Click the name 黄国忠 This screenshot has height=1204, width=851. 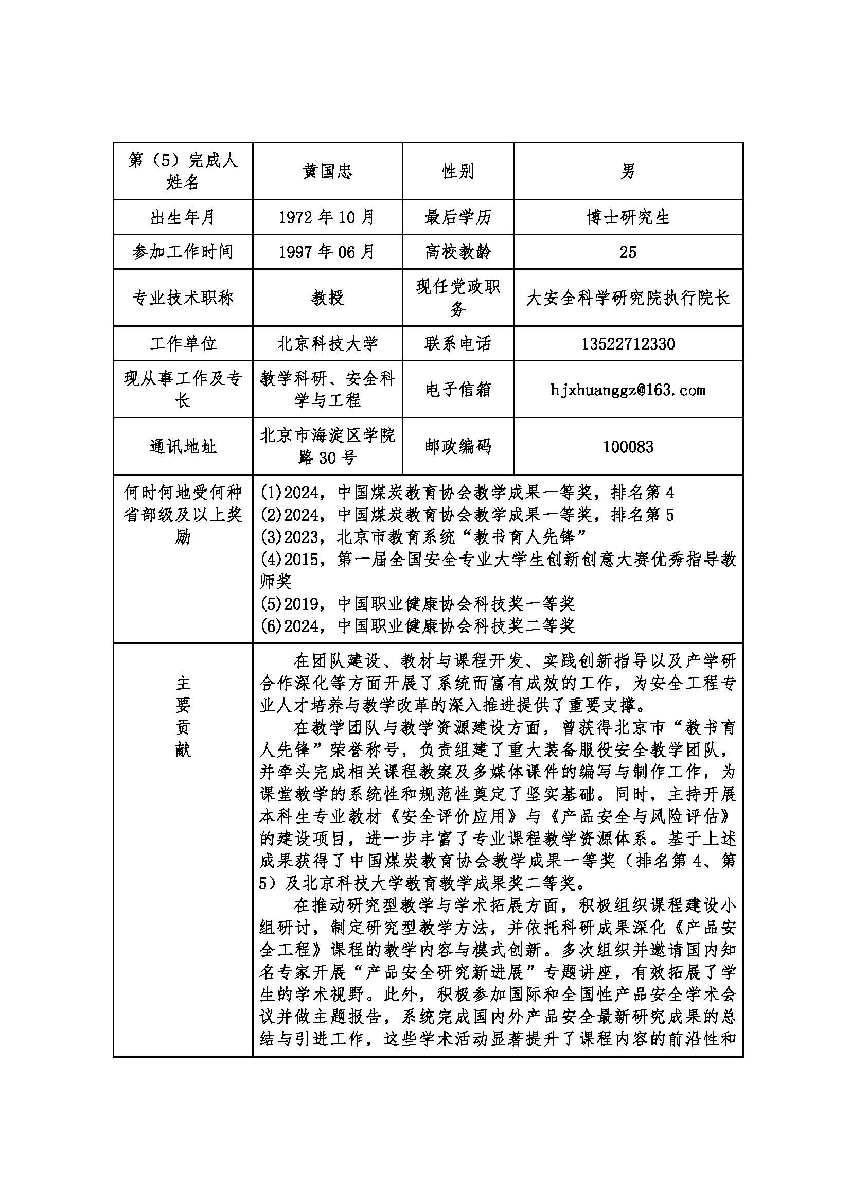coord(327,171)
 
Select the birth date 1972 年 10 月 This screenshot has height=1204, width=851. coord(327,217)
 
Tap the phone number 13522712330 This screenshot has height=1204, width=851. coord(628,344)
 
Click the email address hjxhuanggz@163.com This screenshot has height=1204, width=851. coord(628,390)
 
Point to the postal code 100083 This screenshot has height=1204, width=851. coord(628,447)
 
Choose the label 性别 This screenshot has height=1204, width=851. coord(457,171)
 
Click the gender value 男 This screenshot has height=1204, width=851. coord(628,171)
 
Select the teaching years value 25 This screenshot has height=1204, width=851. coord(628,252)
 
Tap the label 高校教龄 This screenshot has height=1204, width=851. coord(457,252)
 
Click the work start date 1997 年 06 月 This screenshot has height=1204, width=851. coord(327,252)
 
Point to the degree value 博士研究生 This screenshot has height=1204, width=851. coord(628,217)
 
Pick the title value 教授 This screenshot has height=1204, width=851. coord(327,298)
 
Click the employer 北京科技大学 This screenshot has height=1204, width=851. coord(327,344)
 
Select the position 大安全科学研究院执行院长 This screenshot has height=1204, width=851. coord(628,298)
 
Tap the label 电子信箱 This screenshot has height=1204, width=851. coord(457,390)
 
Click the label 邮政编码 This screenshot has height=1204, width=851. coord(457,447)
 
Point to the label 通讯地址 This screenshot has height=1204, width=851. coord(183,447)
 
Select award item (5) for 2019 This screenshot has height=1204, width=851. coord(418,604)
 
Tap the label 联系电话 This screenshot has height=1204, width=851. coord(457,344)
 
